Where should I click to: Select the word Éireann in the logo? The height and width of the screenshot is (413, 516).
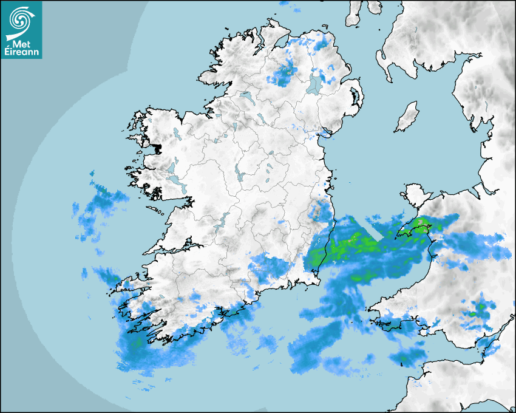(x=21, y=52)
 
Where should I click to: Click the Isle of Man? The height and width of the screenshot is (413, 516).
(x=407, y=117)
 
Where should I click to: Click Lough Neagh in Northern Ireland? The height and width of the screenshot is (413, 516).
(x=315, y=84)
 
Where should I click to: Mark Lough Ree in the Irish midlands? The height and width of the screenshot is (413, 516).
(x=239, y=174)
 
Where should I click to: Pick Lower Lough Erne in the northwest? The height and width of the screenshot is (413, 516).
(x=245, y=97)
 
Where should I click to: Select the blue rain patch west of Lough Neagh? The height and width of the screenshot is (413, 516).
(x=282, y=75)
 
